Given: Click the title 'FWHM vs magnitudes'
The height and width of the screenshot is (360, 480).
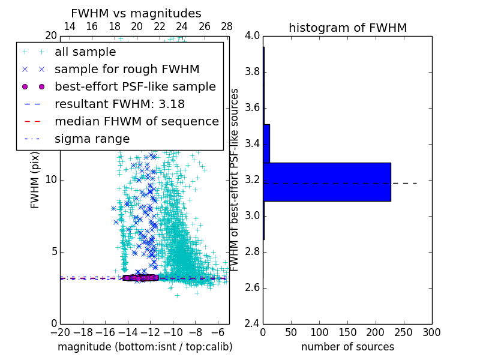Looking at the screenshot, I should pos(136,13).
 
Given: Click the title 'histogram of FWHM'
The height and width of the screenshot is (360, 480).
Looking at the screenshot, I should pos(347,28).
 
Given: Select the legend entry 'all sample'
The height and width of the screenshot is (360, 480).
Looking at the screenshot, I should pos(85,52).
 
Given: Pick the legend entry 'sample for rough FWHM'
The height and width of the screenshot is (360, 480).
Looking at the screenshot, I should pos(127,70).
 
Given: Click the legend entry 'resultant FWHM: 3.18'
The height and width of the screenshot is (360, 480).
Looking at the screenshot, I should pos(119,104).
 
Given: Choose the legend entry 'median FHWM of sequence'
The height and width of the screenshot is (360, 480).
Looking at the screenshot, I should pos(136,122).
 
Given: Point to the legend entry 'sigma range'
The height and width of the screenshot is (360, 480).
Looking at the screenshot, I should pos(92,139).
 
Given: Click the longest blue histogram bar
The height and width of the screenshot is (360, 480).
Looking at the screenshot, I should pos(327,182).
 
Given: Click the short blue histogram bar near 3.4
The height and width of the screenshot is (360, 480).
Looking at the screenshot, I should pos(266,143).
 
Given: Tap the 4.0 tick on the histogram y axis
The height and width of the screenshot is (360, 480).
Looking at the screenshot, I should pos(252,36).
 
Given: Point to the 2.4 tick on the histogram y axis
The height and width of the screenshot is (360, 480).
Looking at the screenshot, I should pos(252,323).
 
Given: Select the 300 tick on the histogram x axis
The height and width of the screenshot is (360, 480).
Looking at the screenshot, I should pos(431,332).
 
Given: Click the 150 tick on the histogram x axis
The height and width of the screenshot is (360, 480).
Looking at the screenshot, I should pos(347,332).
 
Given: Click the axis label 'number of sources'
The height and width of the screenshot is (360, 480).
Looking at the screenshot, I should pos(347,347).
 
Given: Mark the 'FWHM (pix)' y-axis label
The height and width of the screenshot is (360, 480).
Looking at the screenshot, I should pos(35,181).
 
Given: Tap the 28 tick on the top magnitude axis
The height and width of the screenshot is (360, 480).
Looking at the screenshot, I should pos(227,26).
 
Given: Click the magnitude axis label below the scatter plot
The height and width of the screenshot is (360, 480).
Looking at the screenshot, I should pos(145,347).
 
